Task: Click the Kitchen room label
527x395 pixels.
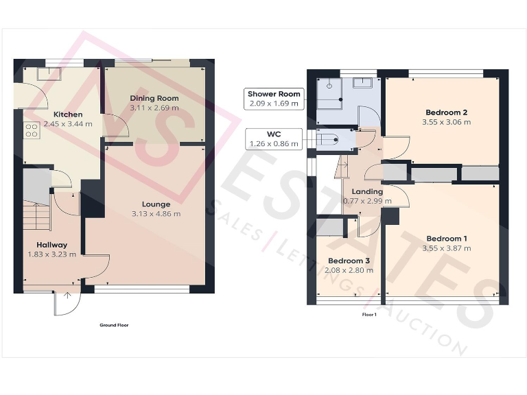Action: (68, 114)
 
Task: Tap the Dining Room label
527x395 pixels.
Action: (154, 98)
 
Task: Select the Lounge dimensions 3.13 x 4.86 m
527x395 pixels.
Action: (156, 213)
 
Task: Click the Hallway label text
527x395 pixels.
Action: (51, 244)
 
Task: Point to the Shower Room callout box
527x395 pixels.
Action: (274, 98)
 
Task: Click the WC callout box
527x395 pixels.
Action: (273, 139)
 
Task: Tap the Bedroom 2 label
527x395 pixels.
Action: (446, 112)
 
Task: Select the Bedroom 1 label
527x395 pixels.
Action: (446, 238)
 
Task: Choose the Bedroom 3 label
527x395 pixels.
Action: (349, 261)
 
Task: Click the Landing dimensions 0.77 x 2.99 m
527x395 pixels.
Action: (367, 201)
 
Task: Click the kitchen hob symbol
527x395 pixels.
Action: (31, 130)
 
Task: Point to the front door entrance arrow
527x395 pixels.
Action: (67, 296)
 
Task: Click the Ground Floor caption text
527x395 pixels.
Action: (114, 325)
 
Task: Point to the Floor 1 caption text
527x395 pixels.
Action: (369, 314)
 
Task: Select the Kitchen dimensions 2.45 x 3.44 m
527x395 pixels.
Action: (68, 124)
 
